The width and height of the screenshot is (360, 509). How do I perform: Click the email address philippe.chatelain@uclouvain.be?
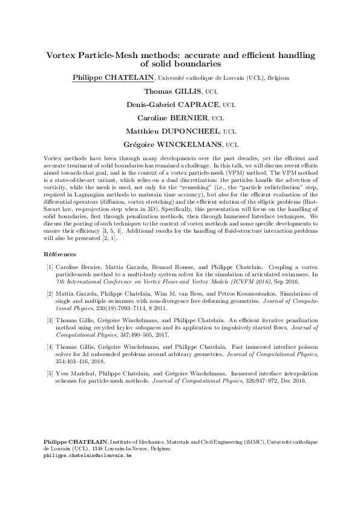pyautogui.click(x=88, y=456)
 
